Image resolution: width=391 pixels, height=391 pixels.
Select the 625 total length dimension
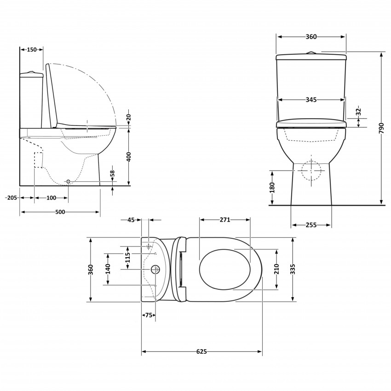point(201,352)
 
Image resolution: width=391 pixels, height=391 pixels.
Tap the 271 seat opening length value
point(224,220)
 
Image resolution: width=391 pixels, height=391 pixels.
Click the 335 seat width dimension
point(293,270)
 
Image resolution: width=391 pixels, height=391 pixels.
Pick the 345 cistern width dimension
point(311,99)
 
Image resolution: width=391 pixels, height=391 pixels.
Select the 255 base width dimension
point(311,225)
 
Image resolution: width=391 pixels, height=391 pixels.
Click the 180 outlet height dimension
point(272,187)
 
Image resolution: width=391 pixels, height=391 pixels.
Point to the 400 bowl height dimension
point(129,156)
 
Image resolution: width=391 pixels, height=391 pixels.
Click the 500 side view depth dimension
point(60,212)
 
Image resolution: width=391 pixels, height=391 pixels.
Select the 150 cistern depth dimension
point(32,50)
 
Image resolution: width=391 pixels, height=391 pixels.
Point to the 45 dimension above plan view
point(131,220)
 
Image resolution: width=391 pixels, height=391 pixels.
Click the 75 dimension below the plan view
point(148,315)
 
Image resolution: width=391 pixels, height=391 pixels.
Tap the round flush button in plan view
point(155,269)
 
